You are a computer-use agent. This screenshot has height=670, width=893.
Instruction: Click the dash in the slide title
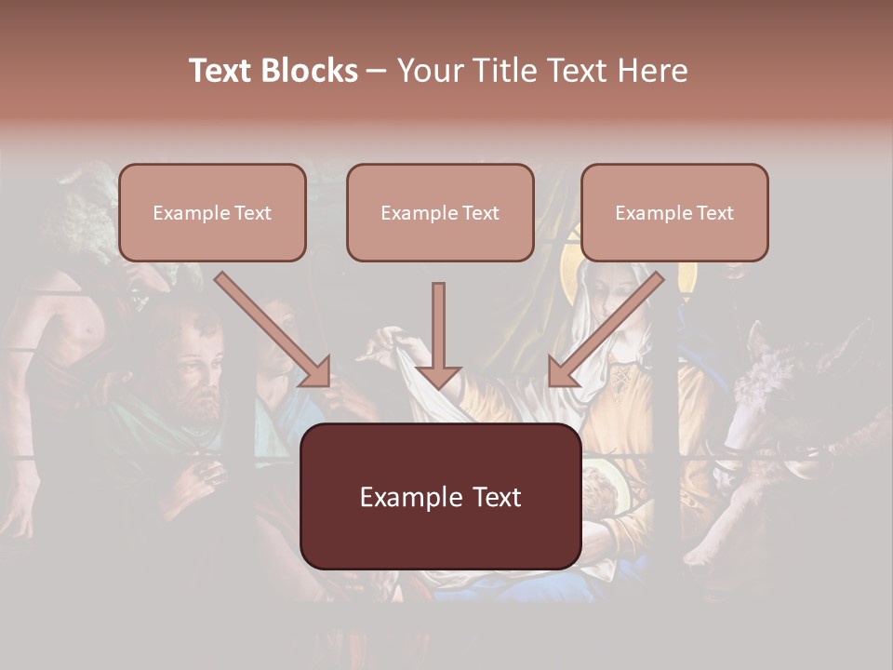pyautogui.click(x=377, y=72)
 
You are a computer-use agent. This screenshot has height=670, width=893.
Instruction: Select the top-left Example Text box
pyautogui.click(x=212, y=212)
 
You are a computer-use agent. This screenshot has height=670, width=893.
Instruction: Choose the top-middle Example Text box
pyautogui.click(x=440, y=212)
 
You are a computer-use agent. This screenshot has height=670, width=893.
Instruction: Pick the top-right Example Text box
pyautogui.click(x=674, y=212)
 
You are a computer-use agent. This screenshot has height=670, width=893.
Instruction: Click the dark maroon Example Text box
pyautogui.click(x=440, y=496)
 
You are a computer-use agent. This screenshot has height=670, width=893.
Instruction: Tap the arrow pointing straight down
pyautogui.click(x=438, y=335)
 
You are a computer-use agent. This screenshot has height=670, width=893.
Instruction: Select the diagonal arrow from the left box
pyautogui.click(x=273, y=328)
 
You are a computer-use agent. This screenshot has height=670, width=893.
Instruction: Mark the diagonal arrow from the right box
pyautogui.click(x=606, y=328)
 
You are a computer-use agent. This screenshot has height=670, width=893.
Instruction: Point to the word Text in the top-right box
pyautogui.click(x=715, y=213)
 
